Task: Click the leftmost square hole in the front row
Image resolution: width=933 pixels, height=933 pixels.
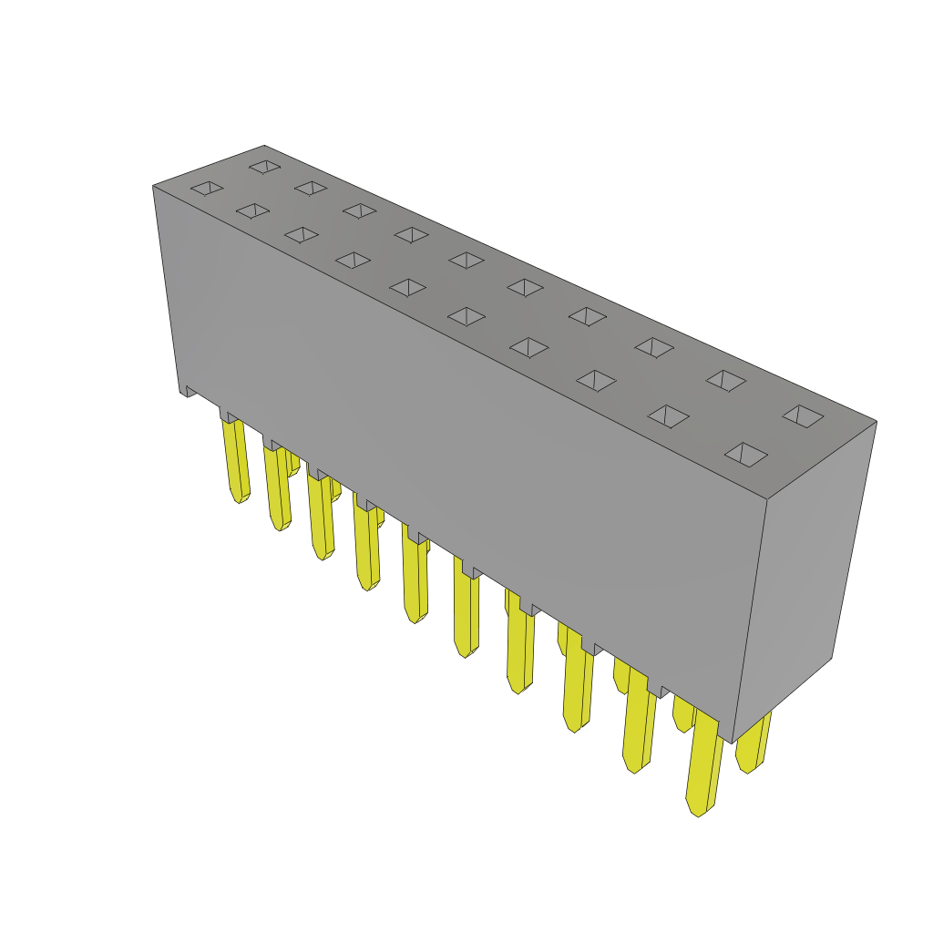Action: point(207,188)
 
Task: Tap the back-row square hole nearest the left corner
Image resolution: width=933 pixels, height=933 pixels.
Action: point(264,167)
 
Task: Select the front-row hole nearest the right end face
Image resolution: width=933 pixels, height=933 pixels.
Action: point(745,454)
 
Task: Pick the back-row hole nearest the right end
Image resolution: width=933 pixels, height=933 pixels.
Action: point(803,415)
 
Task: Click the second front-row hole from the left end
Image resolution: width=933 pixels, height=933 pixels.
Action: point(252,210)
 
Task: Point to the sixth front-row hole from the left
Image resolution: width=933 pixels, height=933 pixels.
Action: point(466,316)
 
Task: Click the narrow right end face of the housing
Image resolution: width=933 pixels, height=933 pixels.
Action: point(806,583)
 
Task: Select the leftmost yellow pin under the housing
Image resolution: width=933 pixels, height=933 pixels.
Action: point(235,460)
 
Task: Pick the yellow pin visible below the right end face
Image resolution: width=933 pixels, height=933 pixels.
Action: point(753,743)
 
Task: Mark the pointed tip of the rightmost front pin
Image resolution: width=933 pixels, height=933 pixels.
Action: point(697,812)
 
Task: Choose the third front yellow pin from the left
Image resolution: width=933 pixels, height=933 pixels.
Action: point(321,515)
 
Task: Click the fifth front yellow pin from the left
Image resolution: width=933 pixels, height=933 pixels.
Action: point(415,579)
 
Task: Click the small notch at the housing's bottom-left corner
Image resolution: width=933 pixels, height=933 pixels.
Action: point(190,391)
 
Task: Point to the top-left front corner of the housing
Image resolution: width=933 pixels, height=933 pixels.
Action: point(153,187)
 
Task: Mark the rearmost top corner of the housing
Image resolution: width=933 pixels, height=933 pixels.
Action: point(264,147)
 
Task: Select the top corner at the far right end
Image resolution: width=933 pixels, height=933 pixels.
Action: point(876,421)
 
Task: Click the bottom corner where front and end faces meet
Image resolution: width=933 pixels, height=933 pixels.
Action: point(733,742)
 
